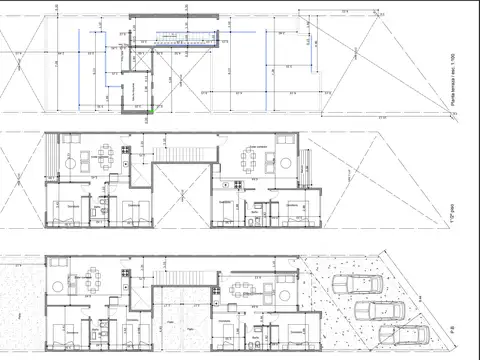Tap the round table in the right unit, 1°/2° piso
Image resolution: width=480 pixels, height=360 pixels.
pyautogui.click(x=285, y=163)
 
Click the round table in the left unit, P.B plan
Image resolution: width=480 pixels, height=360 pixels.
pyautogui.click(x=71, y=286)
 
